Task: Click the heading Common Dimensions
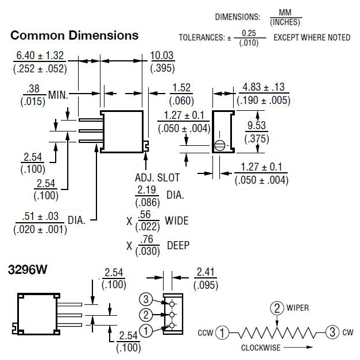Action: pos(75,36)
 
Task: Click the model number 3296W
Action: pos(30,269)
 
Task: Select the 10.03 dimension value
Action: pos(162,56)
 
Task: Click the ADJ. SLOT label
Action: pos(156,178)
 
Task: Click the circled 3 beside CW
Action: pos(332,332)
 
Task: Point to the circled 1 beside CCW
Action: pos(224,332)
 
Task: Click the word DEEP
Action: pos(178,246)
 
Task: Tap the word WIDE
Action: pos(176,220)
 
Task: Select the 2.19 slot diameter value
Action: pos(146,189)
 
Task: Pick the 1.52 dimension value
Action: pos(181,88)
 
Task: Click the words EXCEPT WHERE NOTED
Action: pos(312,38)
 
